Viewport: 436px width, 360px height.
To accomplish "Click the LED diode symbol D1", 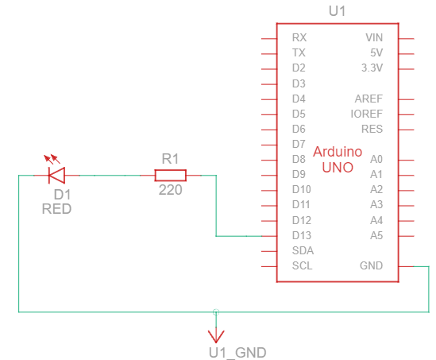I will point(56,175).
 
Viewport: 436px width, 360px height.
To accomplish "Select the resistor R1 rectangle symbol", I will point(170,175).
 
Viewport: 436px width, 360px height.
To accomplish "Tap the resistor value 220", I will point(170,191).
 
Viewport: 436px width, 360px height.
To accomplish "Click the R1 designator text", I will point(170,158).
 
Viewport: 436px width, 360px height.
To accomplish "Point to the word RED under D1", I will point(56,210).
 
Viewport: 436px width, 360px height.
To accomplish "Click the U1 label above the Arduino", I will point(338,11).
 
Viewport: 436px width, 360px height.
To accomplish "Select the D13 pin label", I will point(301,235).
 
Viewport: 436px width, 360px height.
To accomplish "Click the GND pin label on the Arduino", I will point(370,265).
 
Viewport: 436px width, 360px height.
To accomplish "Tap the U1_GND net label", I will point(237,352).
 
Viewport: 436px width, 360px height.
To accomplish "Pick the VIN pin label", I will point(372,37).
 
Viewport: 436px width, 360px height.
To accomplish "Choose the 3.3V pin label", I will point(372,68).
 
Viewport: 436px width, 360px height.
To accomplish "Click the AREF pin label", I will point(368,99).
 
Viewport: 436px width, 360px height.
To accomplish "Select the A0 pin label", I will point(376,159).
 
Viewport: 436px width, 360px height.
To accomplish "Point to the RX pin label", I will point(299,37).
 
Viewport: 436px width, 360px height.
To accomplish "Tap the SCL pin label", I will point(302,265).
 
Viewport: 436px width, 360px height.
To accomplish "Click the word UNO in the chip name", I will point(338,167).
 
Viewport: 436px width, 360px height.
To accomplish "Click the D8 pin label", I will point(299,159).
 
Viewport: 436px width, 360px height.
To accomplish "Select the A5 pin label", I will point(376,235).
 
